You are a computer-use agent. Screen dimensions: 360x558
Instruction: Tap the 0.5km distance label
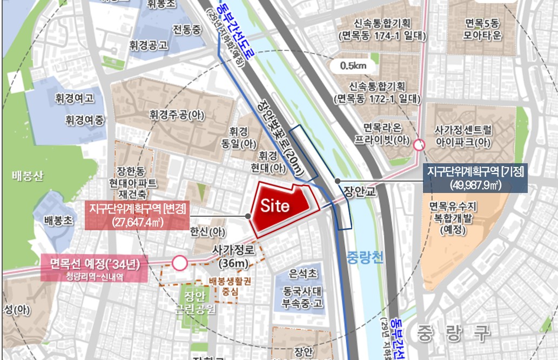tap(354, 66)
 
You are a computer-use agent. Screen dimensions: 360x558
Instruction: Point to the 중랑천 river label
tap(365, 257)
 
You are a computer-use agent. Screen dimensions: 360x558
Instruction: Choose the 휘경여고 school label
tap(75, 98)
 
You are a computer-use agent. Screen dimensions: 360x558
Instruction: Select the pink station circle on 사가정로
tap(180, 264)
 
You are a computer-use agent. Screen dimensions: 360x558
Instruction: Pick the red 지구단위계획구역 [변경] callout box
tap(138, 215)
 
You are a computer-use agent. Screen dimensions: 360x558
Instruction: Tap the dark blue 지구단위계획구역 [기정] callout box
tap(475, 178)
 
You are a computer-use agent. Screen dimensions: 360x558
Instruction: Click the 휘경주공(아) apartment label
tap(177, 115)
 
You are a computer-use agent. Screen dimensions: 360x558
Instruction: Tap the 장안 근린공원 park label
tap(198, 303)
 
